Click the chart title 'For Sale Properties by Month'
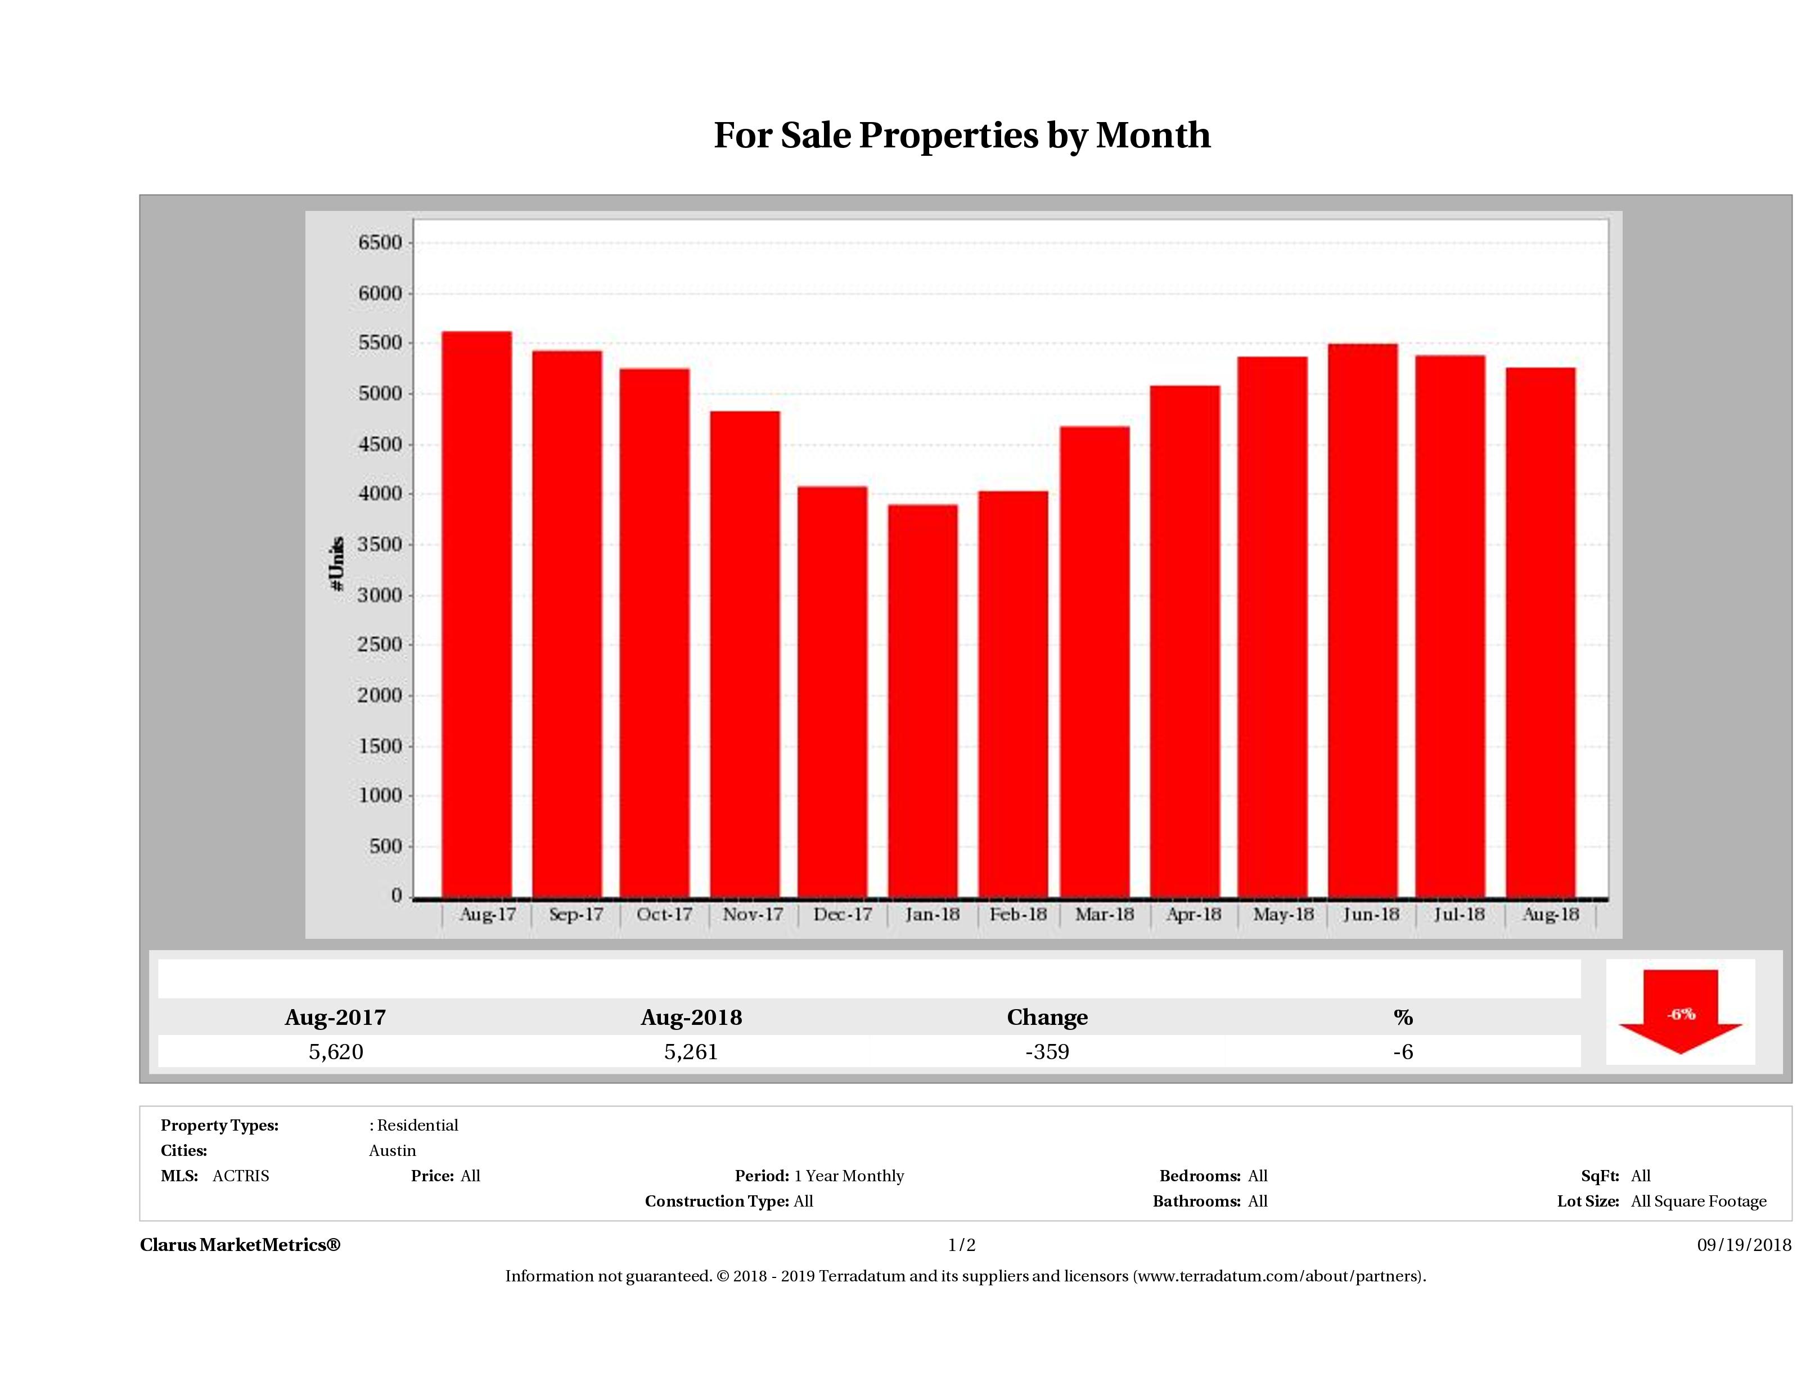click(x=962, y=136)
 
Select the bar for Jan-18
click(x=922, y=701)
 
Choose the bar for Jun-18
click(x=1362, y=620)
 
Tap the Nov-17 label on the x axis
click(x=753, y=914)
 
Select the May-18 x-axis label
click(x=1282, y=914)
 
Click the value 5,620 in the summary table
click(x=336, y=1052)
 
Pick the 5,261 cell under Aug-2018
click(x=691, y=1052)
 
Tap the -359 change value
click(x=1047, y=1052)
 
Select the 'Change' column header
click(x=1047, y=1018)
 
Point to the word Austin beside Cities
click(x=392, y=1150)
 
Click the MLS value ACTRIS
click(x=240, y=1176)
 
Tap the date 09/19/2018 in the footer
click(x=1744, y=1245)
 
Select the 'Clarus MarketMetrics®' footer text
click(x=240, y=1245)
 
